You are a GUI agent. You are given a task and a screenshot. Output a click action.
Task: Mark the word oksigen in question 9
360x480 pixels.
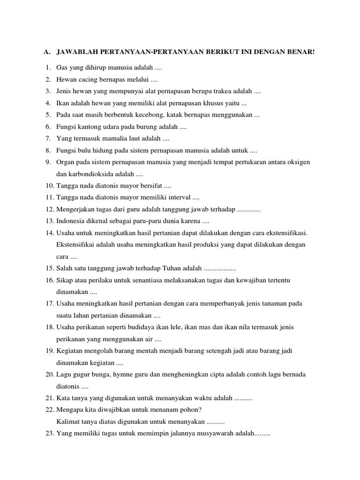pyautogui.click(x=299, y=162)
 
